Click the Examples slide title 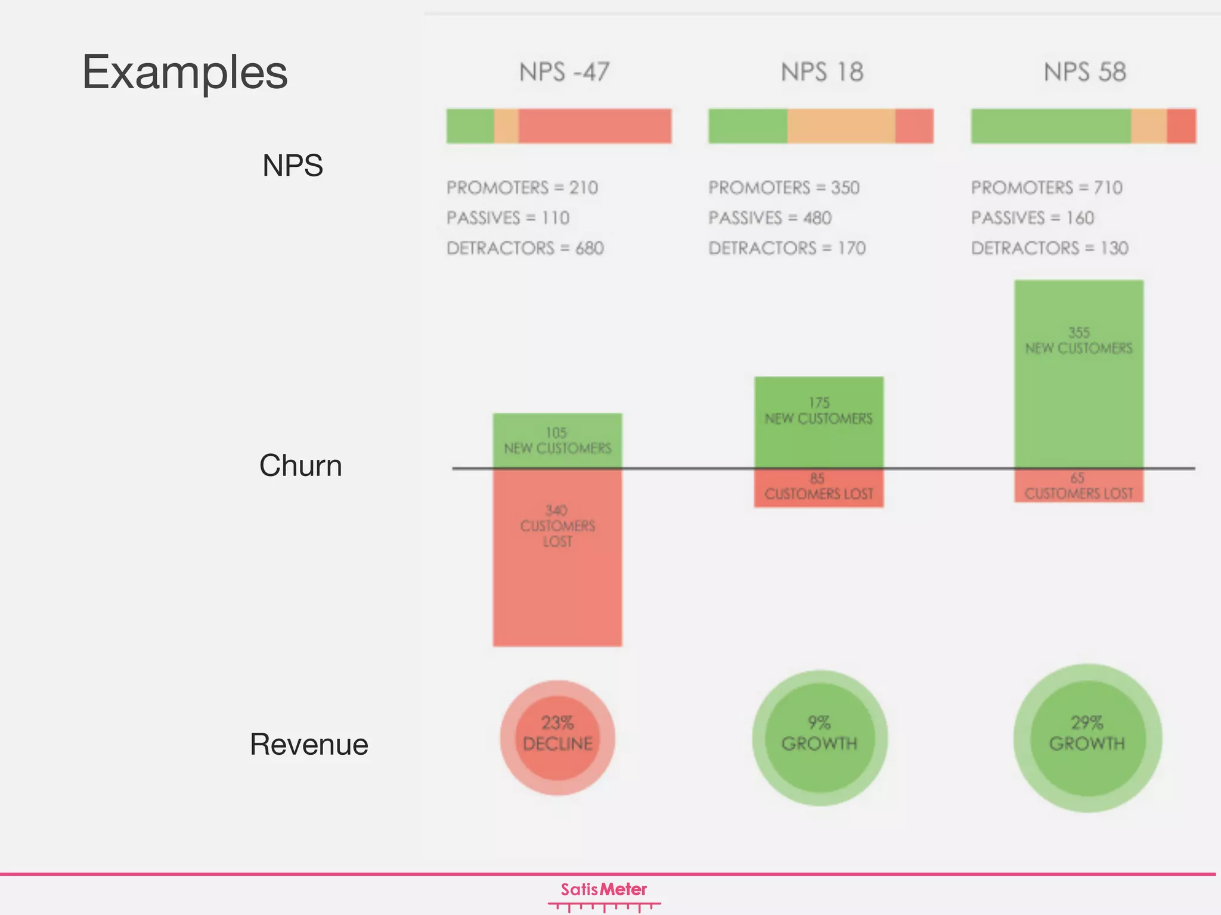[185, 72]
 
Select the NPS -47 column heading [564, 72]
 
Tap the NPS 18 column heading [822, 72]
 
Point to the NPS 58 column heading [1084, 72]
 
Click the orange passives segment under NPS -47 [506, 126]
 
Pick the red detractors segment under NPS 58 [1181, 126]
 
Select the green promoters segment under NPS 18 [748, 126]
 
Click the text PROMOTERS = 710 [1046, 188]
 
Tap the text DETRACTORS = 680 [525, 248]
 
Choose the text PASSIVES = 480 [770, 218]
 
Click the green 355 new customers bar [1079, 374]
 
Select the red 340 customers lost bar [557, 557]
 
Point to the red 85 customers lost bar [819, 488]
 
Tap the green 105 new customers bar [557, 440]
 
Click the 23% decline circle [557, 737]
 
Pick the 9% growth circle [820, 737]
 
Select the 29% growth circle [1087, 737]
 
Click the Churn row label [300, 465]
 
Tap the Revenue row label [309, 744]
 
